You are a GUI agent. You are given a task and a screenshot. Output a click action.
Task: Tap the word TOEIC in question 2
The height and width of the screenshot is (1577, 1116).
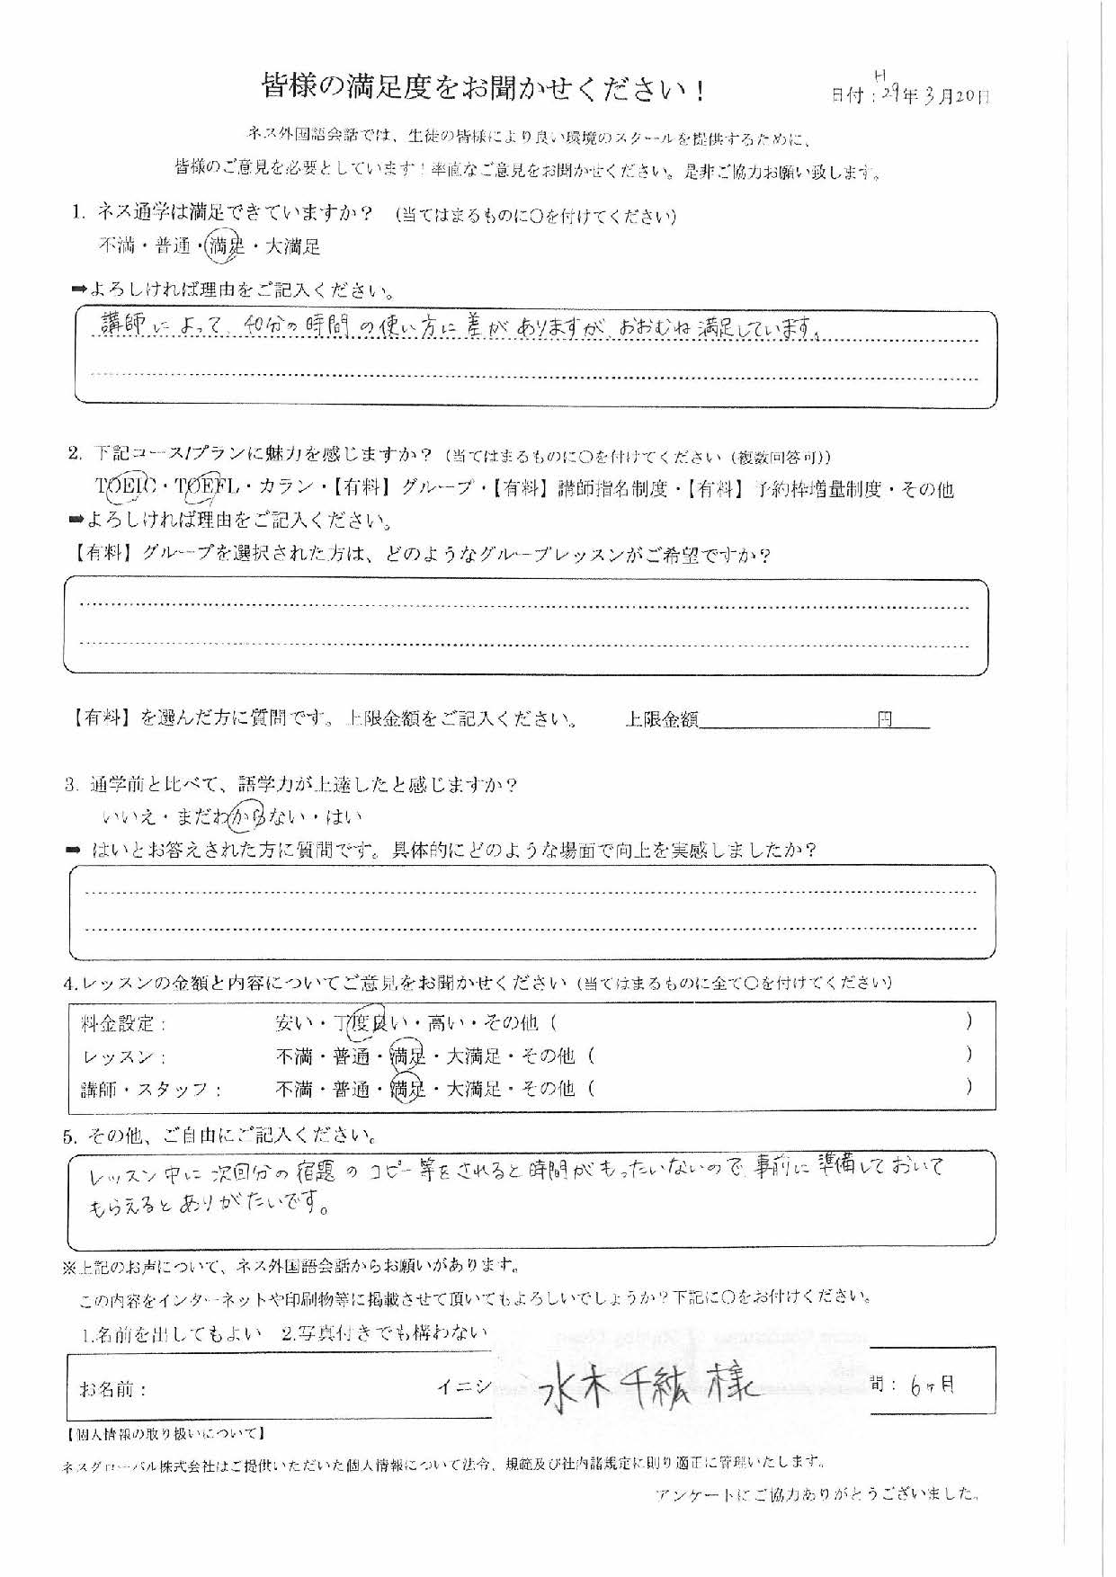pos(126,488)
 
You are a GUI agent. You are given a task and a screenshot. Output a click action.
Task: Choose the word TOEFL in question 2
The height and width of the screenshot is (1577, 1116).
pos(206,488)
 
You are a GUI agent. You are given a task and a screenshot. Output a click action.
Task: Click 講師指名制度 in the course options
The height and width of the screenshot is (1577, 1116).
pos(612,488)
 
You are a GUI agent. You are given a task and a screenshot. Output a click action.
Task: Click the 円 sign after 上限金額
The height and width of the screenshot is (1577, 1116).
pos(886,719)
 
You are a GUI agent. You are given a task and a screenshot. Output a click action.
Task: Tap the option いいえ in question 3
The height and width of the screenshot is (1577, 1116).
pos(129,817)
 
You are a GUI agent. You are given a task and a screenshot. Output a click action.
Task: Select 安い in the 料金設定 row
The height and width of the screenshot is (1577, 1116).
pos(294,1023)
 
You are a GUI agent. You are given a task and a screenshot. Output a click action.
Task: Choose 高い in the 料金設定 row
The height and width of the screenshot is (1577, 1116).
pos(448,1023)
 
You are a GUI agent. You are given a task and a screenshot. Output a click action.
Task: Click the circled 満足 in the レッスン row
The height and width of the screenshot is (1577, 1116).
pos(406,1056)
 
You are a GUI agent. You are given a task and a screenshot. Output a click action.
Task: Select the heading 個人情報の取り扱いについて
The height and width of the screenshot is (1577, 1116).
pos(166,1433)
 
